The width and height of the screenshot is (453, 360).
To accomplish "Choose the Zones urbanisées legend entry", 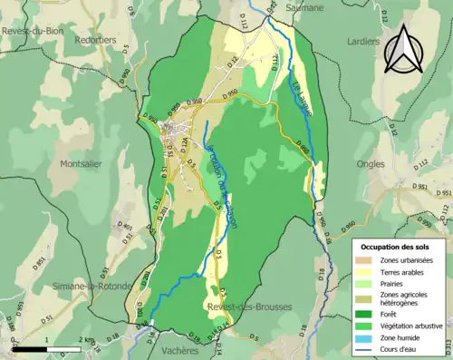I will (x=405, y=260).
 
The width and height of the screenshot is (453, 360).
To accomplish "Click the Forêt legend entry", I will (x=392, y=314).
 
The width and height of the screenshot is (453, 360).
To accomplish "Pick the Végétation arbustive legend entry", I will (x=410, y=326).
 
